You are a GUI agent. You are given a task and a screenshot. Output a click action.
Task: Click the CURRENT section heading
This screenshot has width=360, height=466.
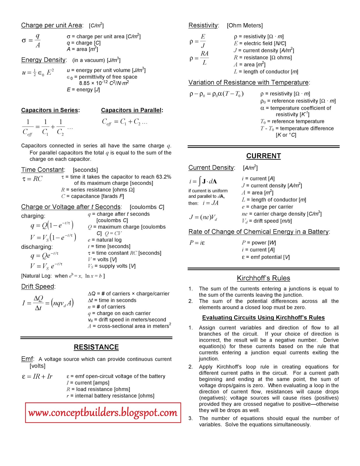pos(263,156)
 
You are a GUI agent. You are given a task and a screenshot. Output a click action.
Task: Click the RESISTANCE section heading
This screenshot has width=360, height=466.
pos(96,347)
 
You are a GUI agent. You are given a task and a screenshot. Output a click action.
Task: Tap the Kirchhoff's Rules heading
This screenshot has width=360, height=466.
pos(263,278)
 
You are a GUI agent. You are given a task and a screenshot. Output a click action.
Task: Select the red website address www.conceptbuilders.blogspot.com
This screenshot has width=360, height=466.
pos(103,413)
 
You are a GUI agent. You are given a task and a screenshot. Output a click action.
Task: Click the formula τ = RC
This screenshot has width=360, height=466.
pos(32,179)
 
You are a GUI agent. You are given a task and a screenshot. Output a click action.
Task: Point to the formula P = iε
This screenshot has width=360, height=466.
pos(197,243)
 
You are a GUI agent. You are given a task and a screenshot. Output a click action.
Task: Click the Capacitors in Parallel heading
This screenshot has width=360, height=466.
pos(132,110)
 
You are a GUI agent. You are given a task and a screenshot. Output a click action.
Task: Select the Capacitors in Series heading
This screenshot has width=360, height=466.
pos(50,110)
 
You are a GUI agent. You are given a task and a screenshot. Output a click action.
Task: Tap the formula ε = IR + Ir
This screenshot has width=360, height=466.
pos(37,377)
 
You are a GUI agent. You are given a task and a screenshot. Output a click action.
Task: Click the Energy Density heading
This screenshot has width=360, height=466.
pos(44,60)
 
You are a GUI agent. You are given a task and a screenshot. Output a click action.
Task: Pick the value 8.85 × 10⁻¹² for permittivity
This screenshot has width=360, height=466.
pos(93,83)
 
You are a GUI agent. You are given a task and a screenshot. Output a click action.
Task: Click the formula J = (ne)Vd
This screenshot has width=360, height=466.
pos(203,217)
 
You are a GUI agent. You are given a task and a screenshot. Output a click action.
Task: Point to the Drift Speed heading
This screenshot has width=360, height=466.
pos(38,287)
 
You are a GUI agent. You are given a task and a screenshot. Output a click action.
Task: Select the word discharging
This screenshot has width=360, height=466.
pos(37,247)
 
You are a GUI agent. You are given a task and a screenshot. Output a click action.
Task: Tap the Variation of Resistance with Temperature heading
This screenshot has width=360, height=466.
pos(249,82)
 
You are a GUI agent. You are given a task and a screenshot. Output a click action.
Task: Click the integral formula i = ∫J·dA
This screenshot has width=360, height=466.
pos(203,181)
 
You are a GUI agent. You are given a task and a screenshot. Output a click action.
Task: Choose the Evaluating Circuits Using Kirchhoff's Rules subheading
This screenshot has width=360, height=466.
pos(263,318)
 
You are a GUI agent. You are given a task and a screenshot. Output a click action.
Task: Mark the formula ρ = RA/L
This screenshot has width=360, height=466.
pos(199,58)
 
